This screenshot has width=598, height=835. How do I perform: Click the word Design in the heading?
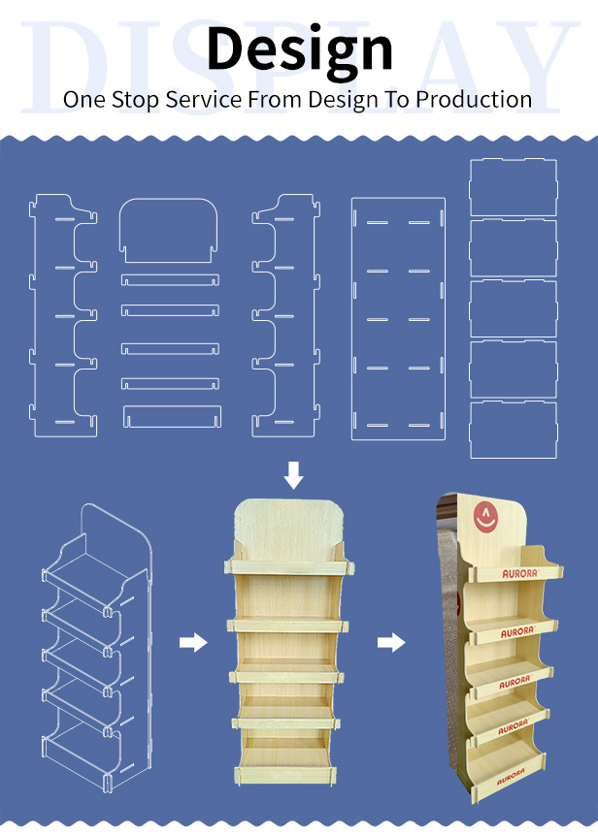coord(300,49)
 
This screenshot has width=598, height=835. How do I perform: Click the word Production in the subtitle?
coord(474,100)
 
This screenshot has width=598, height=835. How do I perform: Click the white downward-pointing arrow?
coord(293,475)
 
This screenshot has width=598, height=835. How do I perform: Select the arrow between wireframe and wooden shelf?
coord(193,642)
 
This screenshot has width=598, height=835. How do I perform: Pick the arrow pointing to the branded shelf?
coord(391,642)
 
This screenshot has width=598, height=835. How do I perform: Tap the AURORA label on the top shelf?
coord(520,573)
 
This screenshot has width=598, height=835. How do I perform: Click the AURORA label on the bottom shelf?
coord(512,777)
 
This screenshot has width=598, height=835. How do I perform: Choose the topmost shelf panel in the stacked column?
coord(514,187)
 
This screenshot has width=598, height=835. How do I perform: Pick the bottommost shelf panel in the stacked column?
coord(514,431)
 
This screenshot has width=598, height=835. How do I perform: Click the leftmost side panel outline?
coord(35,319)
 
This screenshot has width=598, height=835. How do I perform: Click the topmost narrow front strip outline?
coord(170,280)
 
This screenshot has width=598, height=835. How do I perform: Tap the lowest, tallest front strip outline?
coord(172,417)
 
